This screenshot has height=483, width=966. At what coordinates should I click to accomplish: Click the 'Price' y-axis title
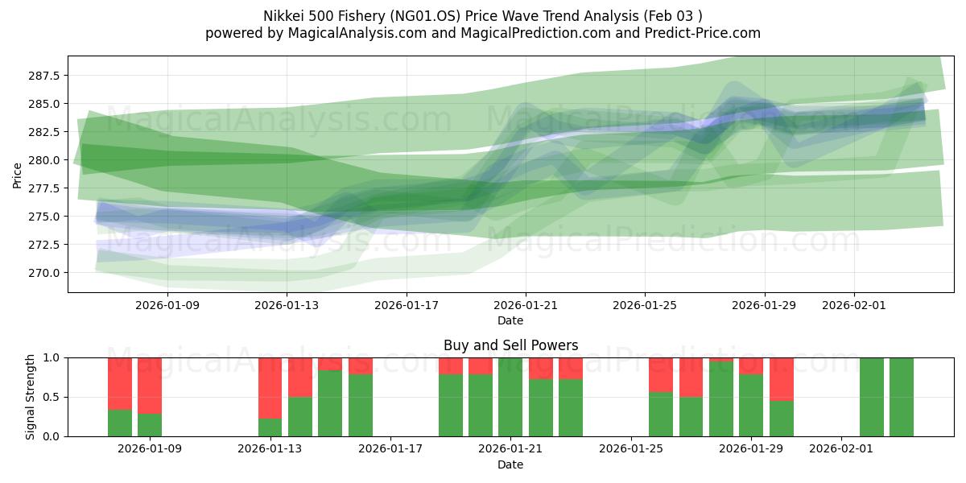click(18, 175)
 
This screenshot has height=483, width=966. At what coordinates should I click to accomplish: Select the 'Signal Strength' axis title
click(31, 397)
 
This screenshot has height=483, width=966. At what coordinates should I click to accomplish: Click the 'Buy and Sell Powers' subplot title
click(510, 345)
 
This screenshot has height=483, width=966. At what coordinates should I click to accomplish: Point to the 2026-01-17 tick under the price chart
click(406, 306)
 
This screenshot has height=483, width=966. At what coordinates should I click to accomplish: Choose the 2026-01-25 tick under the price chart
click(644, 306)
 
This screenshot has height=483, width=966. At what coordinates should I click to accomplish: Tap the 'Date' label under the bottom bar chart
click(510, 464)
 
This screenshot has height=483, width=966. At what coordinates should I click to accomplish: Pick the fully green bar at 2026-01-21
click(510, 397)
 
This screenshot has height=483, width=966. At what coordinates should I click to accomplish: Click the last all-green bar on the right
click(902, 397)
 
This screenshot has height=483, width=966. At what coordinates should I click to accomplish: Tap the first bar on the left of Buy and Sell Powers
click(120, 397)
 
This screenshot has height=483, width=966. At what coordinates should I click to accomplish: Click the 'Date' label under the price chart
click(510, 320)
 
